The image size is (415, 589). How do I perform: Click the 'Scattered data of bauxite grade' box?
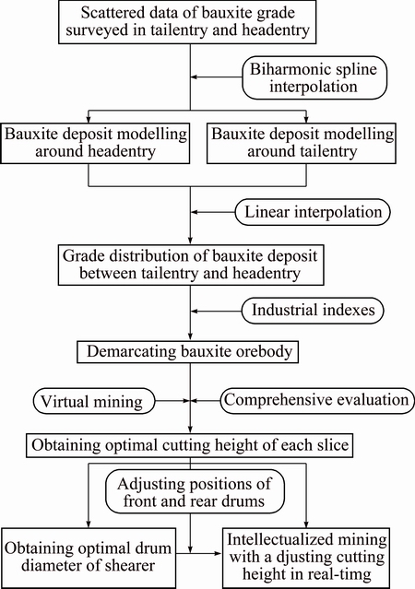[187, 22]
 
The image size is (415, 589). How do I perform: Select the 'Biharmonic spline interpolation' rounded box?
[314, 77]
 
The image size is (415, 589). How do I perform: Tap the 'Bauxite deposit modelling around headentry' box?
[95, 143]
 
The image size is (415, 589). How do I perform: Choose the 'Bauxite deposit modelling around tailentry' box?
[302, 143]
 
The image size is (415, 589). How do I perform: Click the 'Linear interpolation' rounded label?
[313, 212]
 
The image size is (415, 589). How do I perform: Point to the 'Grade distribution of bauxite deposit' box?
[191, 265]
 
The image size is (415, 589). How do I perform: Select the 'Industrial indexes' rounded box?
[313, 311]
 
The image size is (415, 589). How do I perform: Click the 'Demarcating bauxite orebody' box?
[187, 352]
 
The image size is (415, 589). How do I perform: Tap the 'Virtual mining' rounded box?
[94, 401]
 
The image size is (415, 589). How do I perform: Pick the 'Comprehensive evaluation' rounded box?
[317, 401]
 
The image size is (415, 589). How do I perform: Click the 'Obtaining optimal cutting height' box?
[189, 445]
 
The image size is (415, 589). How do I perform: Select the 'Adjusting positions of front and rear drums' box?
[195, 492]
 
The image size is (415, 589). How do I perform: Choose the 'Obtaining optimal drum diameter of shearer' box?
[89, 559]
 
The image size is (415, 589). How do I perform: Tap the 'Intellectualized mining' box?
[306, 559]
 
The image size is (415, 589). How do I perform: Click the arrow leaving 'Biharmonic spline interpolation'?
[217, 77]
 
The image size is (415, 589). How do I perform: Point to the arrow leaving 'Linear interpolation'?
[213, 212]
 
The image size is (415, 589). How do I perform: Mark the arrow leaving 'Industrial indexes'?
[216, 311]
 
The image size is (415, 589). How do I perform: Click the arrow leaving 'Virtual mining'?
[172, 401]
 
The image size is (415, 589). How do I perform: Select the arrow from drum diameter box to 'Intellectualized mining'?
[199, 553]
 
